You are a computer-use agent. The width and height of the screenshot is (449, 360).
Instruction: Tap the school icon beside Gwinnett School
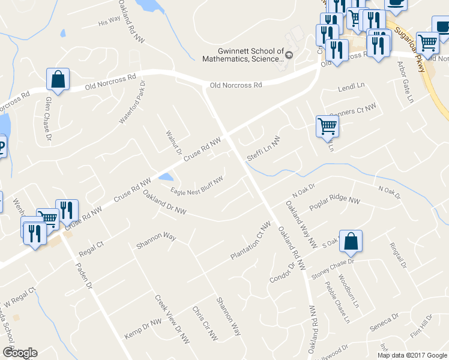[x=288, y=55]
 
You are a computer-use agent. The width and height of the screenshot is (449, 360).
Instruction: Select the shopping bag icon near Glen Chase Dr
[x=58, y=80]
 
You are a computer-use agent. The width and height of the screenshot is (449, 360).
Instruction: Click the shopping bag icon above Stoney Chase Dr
[x=351, y=242]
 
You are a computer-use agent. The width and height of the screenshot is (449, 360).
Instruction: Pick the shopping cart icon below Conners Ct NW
[x=327, y=127]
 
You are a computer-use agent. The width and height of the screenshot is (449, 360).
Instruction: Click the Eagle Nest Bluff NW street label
[x=197, y=185]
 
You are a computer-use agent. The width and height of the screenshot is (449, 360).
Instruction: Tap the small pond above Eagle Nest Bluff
[x=166, y=177]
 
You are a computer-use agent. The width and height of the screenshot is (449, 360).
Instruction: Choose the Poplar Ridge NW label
[x=334, y=203]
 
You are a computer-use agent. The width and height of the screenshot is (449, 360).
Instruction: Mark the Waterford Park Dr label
[x=133, y=101]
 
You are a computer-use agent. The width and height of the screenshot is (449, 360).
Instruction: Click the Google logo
[x=20, y=353]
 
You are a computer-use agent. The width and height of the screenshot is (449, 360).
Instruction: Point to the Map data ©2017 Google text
[x=412, y=355]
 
